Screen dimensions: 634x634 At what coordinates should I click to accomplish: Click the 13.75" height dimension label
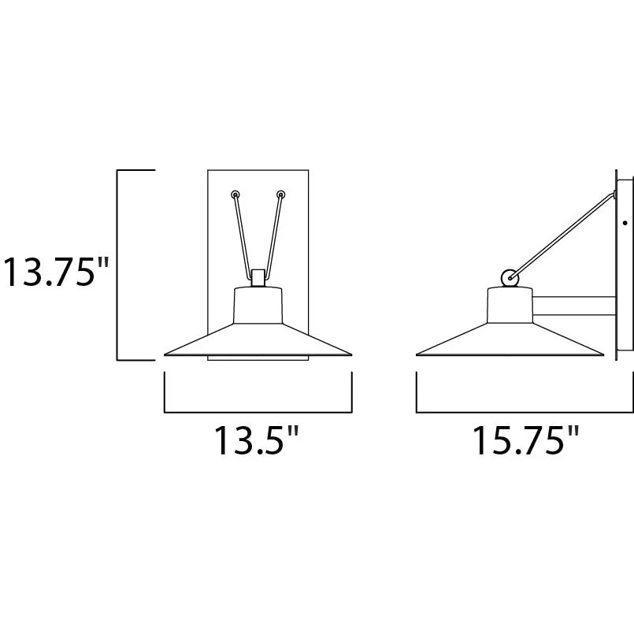(x=56, y=272)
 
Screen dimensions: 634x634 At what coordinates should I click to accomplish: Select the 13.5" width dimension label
(x=257, y=440)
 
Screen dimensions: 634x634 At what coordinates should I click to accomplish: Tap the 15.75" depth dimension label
(x=525, y=440)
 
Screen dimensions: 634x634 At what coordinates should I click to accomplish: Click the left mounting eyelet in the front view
(x=235, y=195)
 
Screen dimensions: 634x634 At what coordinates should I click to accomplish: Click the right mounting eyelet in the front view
(x=281, y=195)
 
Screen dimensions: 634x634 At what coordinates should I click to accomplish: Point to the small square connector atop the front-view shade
(x=258, y=278)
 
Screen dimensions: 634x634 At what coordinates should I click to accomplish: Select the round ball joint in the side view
(x=510, y=278)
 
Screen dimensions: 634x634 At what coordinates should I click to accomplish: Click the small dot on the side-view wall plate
(x=625, y=223)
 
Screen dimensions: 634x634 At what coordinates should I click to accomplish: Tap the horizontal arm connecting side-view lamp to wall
(x=574, y=306)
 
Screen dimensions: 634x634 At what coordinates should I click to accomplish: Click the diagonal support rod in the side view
(x=563, y=236)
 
